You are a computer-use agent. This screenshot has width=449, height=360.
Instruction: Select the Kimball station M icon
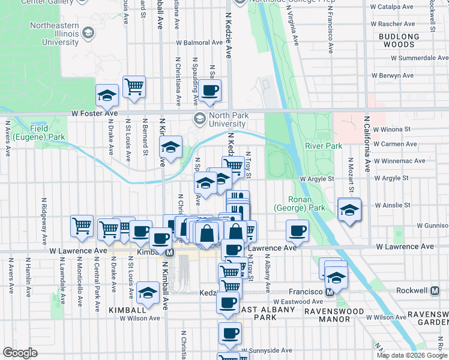click(x=170, y=253)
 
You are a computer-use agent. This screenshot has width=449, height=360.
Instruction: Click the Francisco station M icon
click(x=329, y=292)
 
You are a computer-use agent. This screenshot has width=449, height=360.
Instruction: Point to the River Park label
click(x=324, y=146)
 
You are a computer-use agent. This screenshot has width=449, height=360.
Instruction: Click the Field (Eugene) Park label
click(x=47, y=133)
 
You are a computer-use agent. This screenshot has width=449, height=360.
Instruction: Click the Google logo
click(x=20, y=353)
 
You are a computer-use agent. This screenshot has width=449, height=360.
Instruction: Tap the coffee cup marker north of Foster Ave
click(x=210, y=91)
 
